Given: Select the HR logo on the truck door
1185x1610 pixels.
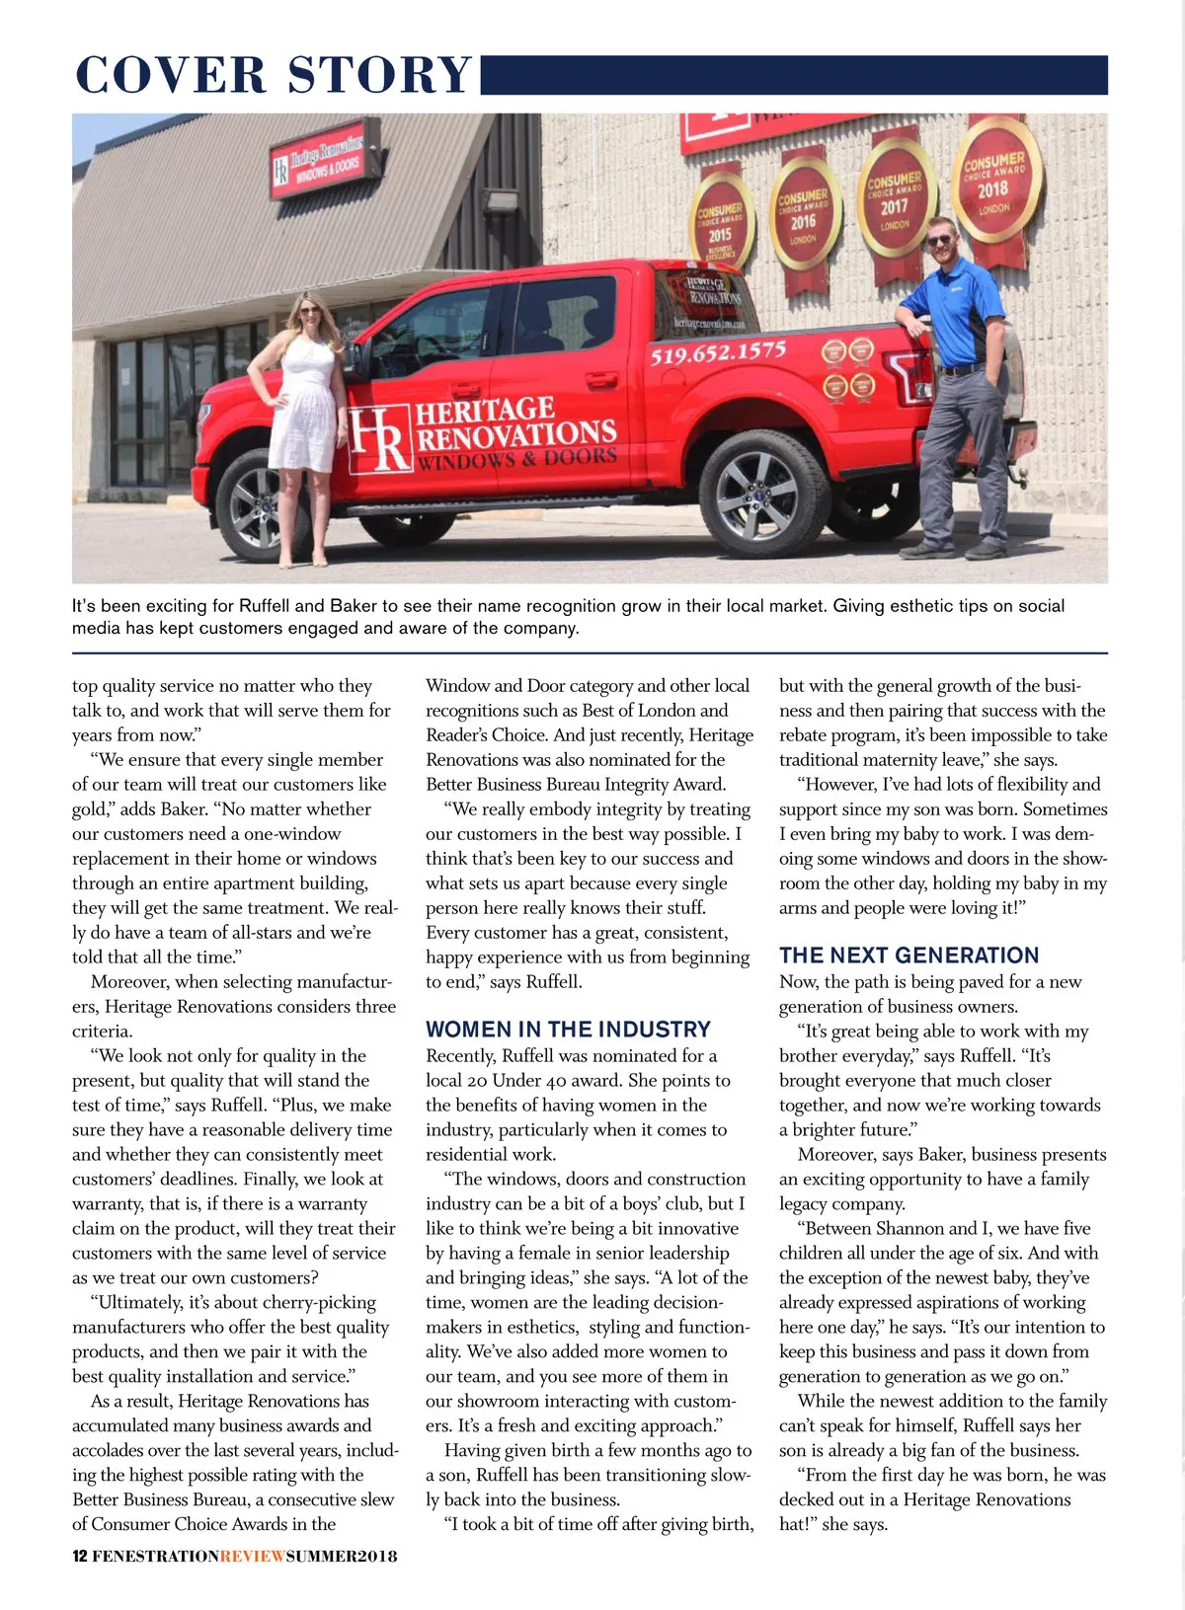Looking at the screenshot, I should point(379,438).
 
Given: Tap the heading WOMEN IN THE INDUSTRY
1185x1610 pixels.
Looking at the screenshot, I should point(568,1030).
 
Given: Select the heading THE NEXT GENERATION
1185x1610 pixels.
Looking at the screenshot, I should point(908,956).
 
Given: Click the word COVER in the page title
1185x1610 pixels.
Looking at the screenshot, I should point(171,76).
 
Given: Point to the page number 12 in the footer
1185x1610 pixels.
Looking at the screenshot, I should point(79,1557).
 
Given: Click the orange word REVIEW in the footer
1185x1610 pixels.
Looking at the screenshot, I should point(253,1557).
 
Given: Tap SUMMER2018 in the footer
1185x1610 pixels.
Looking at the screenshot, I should point(342,1557).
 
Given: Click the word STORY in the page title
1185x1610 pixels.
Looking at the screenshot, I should point(380,76).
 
